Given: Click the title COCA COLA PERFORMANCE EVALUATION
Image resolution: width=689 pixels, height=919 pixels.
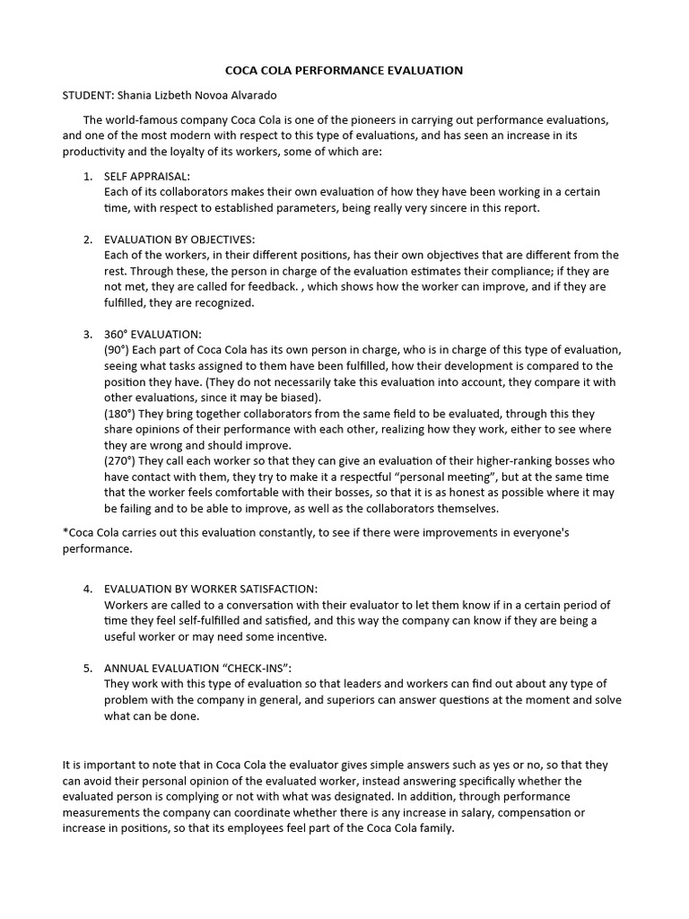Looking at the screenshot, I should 344,69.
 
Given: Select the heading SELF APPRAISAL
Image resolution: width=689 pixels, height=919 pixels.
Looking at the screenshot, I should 147,177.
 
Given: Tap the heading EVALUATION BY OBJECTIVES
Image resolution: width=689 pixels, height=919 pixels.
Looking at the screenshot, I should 179,240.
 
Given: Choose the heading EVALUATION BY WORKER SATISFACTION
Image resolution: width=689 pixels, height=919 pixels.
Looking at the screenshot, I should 211,589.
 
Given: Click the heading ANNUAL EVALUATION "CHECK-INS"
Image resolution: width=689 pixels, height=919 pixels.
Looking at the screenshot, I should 198,669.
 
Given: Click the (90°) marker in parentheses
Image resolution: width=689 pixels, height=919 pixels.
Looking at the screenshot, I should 118,350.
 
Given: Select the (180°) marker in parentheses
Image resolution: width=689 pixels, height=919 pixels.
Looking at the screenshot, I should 122,414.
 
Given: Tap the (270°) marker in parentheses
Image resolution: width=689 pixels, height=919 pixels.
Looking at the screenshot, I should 122,461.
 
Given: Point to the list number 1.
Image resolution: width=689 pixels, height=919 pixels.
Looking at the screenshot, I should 88,177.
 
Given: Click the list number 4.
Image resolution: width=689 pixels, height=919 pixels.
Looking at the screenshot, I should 88,589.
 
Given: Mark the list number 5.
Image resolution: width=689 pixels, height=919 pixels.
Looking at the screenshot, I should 88,669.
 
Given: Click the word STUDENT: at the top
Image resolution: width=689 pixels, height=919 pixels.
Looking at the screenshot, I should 88,94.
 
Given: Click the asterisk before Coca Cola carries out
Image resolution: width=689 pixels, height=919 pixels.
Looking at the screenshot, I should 65,532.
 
